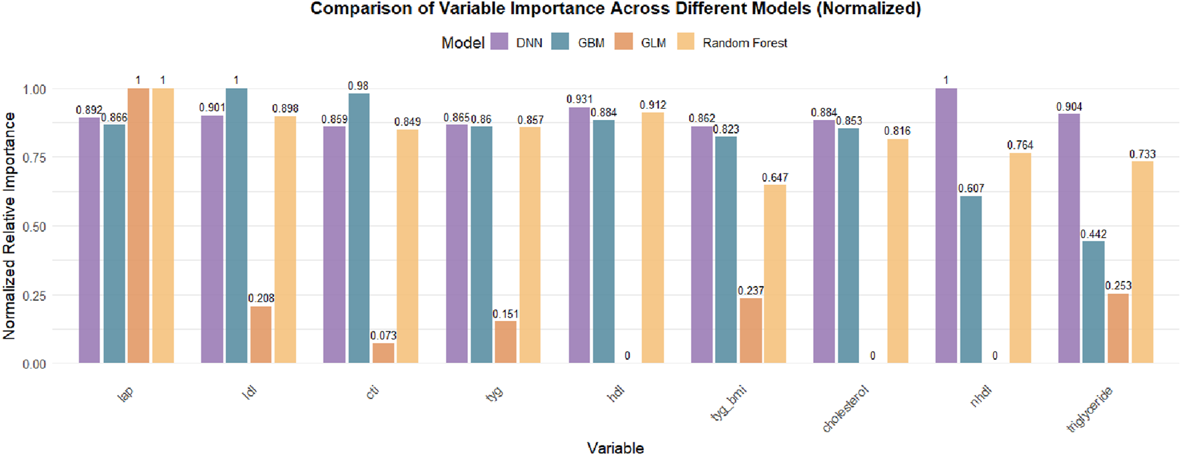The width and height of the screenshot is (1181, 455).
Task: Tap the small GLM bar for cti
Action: tap(383, 353)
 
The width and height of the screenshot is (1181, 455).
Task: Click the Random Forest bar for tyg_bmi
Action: tap(774, 274)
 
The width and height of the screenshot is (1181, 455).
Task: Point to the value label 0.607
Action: tap(971, 188)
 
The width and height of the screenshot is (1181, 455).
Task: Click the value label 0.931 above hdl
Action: tap(579, 99)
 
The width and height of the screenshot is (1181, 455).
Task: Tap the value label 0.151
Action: tap(505, 314)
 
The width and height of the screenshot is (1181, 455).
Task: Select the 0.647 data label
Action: tap(774, 177)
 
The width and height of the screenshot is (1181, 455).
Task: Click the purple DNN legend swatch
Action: tap(499, 41)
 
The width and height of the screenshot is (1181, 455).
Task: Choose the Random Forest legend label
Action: tap(744, 43)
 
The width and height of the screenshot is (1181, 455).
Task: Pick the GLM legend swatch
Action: tap(624, 41)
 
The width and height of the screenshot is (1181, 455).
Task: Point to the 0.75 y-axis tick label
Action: tap(34, 157)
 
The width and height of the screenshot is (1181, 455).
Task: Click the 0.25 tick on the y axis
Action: tap(34, 296)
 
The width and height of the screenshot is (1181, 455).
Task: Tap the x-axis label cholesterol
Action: tap(845, 409)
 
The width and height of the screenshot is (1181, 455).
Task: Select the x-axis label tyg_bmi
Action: tap(728, 403)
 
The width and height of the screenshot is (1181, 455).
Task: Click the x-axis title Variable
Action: tap(614, 448)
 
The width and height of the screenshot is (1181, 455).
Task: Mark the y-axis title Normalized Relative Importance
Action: tap(9, 225)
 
